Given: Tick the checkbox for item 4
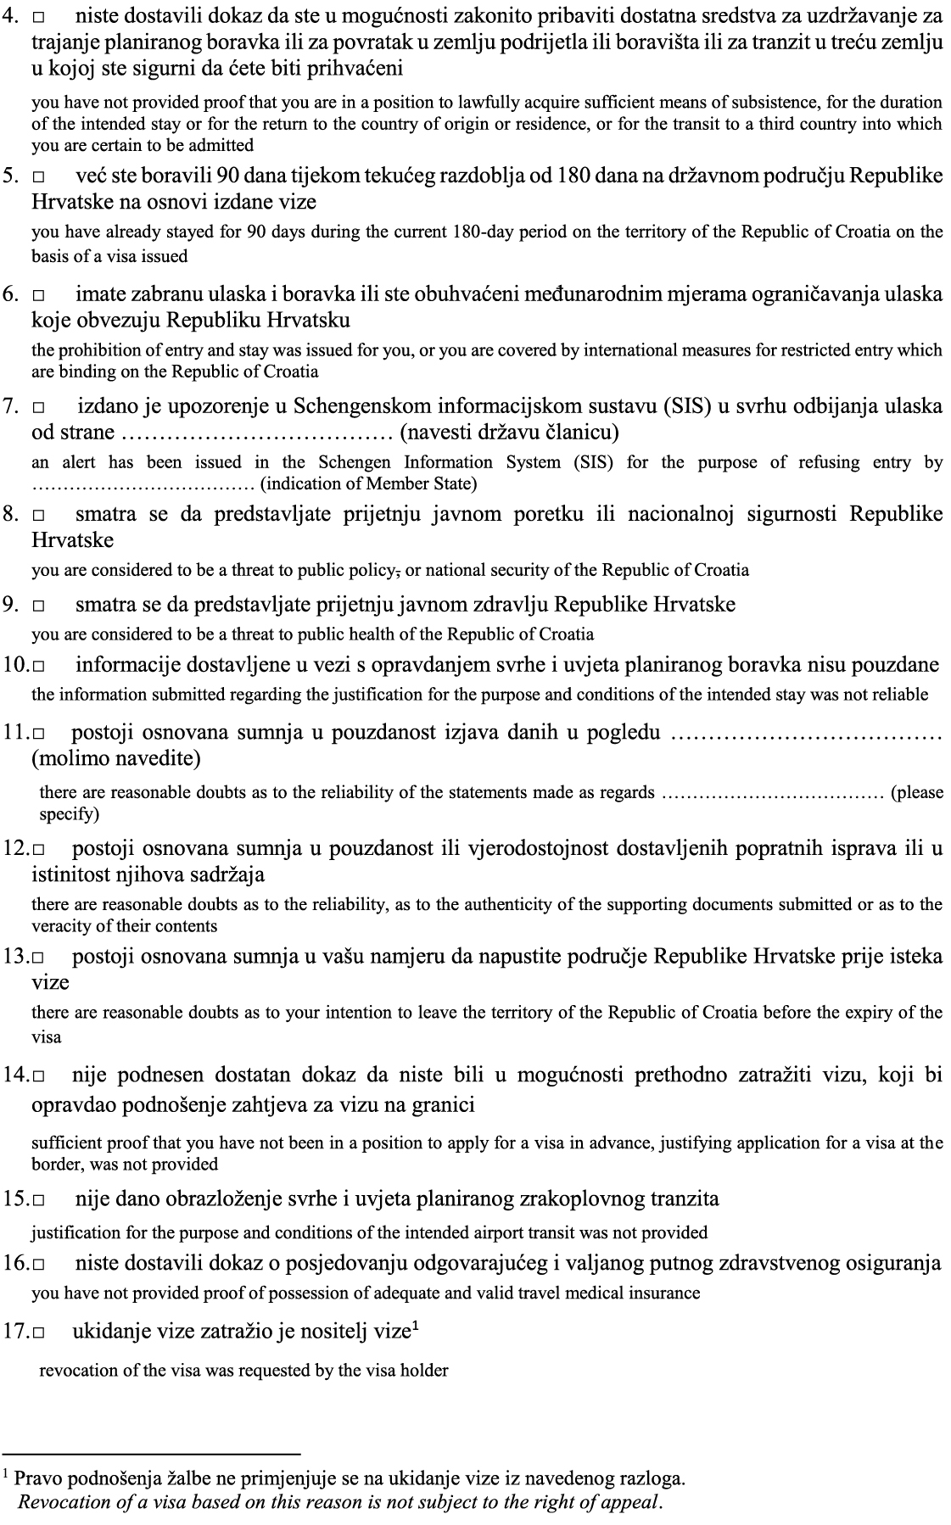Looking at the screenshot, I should coord(39,16).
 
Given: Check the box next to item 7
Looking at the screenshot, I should coord(39,408).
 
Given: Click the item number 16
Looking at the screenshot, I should coord(16,1264).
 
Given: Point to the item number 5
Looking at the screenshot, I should coord(11,176).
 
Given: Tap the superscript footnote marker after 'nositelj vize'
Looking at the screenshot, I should coord(416,1327).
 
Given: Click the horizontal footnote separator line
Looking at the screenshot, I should coord(152,1453).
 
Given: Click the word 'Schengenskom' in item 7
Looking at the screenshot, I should coord(361,406).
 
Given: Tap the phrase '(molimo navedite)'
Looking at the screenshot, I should coord(116,757).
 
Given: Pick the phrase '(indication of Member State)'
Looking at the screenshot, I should coord(368,484).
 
